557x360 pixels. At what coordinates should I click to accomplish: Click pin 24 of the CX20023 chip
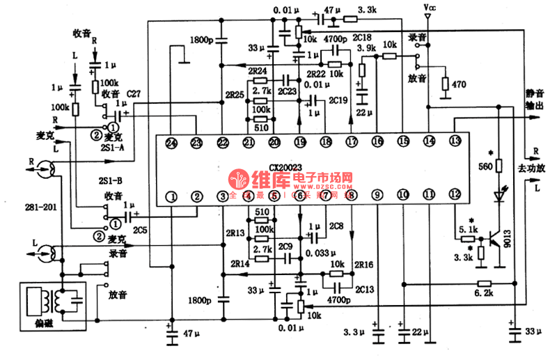tap(172, 143)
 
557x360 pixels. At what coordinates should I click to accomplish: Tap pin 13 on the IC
tap(455, 142)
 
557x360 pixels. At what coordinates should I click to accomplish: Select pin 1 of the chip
tap(172, 197)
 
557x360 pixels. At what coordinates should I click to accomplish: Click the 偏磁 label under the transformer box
tap(44, 325)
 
